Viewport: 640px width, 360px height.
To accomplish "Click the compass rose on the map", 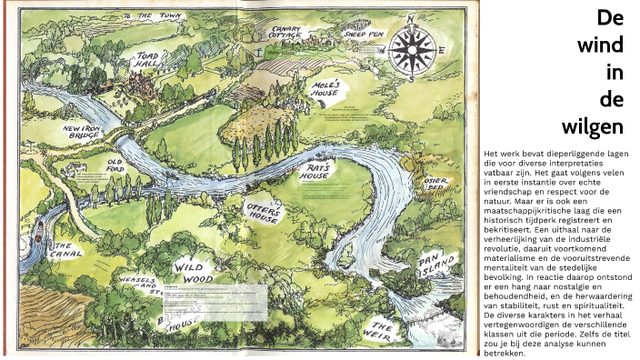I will tap(415, 47).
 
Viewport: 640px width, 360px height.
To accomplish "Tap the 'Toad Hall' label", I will tap(147, 61).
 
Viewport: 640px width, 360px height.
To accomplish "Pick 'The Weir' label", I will tap(385, 329).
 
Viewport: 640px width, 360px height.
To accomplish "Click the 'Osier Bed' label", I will tap(438, 185).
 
